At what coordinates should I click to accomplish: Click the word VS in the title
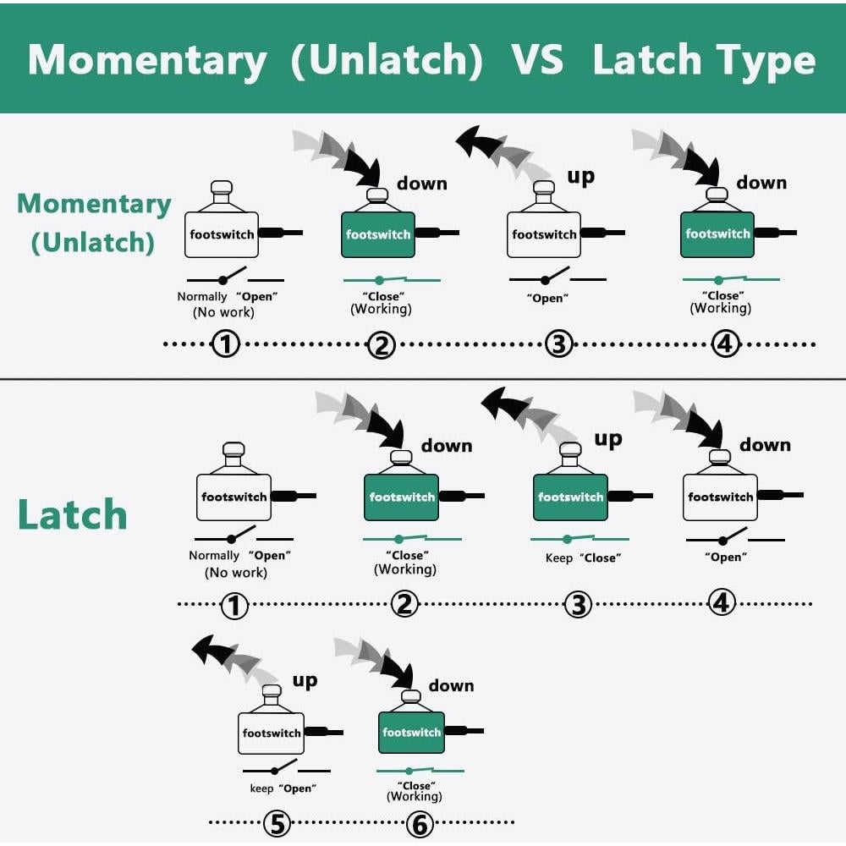(x=537, y=60)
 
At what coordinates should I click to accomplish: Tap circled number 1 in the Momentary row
(x=226, y=344)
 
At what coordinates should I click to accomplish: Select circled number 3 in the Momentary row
(x=558, y=344)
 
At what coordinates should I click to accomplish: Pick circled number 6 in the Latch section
(x=420, y=822)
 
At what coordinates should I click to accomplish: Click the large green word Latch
(x=73, y=515)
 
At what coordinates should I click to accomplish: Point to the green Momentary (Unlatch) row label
(x=94, y=222)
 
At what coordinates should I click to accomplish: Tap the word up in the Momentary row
(x=580, y=176)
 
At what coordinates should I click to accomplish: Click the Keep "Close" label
(x=583, y=558)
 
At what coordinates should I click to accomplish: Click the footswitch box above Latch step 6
(x=411, y=732)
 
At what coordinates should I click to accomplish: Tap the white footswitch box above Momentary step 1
(x=221, y=233)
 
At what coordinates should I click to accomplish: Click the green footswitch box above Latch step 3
(x=570, y=497)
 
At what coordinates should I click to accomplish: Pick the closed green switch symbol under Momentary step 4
(x=731, y=278)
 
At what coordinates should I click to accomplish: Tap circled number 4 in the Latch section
(x=721, y=602)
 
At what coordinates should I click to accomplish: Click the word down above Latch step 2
(x=446, y=445)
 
